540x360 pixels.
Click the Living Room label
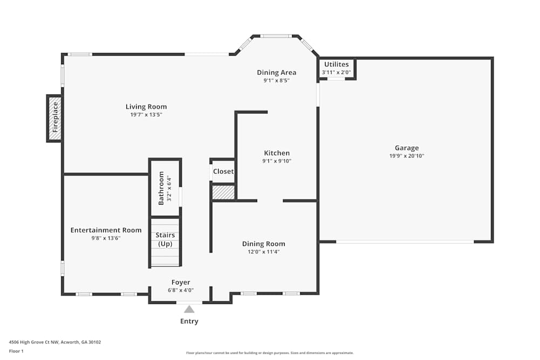point(146,107)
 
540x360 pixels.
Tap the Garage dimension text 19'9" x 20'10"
point(406,156)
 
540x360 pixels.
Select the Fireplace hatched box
point(54,118)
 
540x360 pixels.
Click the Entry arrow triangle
point(189,309)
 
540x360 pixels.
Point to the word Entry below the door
point(189,322)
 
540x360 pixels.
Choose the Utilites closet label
point(336,65)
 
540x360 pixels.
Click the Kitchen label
point(276,153)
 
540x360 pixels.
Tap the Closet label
point(223,172)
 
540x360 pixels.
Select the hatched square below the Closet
point(223,192)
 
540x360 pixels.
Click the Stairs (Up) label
point(165,240)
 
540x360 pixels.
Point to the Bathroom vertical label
point(161,188)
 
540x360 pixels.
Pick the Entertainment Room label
point(106,230)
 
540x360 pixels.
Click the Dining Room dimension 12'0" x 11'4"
point(264,252)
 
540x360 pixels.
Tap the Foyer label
point(180,282)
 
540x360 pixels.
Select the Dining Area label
point(276,73)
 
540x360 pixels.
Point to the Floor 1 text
point(16,351)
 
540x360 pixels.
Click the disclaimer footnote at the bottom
point(270,352)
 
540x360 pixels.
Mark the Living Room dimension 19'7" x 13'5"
point(146,115)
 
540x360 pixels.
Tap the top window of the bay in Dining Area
point(276,36)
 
